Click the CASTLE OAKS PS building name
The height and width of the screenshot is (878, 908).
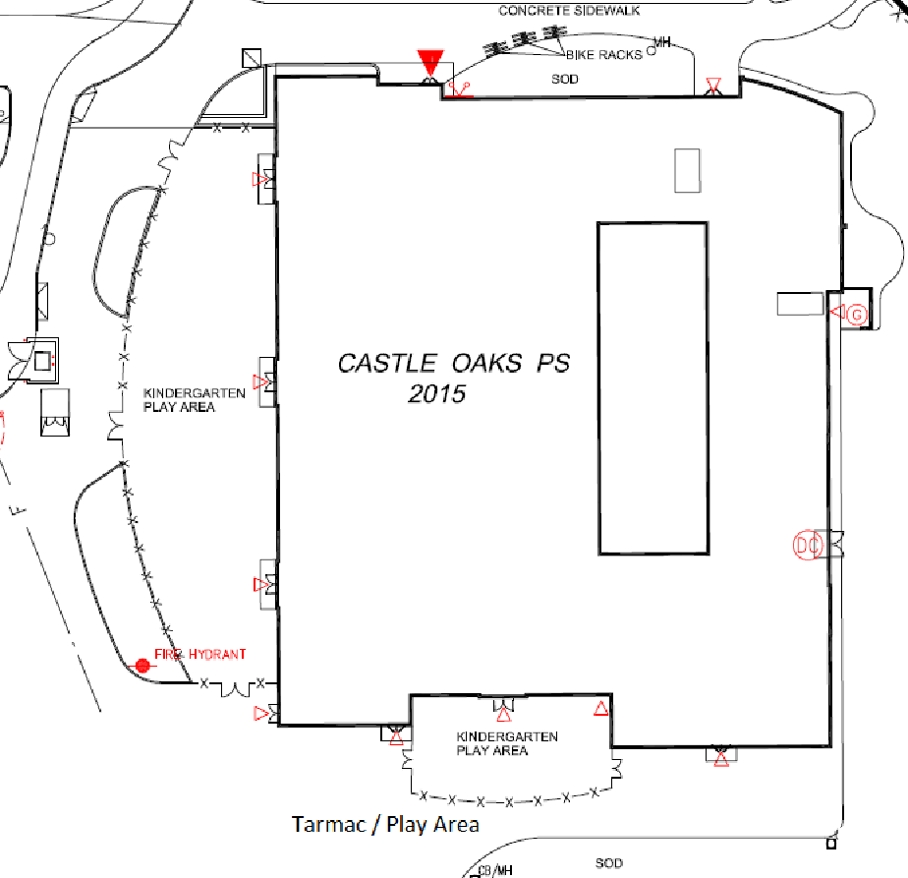(453, 364)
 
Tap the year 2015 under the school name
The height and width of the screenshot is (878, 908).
(437, 394)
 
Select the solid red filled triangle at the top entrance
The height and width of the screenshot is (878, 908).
(430, 61)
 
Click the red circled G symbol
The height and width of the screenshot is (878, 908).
(857, 315)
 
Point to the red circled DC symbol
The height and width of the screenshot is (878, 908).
(807, 545)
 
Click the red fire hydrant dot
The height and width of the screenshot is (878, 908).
(142, 666)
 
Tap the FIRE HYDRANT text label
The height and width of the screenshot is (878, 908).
(200, 654)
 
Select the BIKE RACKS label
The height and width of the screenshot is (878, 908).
(604, 55)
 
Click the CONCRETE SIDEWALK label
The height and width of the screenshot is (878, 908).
(569, 11)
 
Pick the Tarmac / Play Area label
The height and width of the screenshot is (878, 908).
(385, 824)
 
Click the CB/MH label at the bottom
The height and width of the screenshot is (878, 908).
(495, 870)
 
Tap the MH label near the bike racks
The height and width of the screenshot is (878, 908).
(662, 42)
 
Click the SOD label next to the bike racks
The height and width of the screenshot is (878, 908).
(565, 79)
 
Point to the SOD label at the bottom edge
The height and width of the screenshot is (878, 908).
(609, 863)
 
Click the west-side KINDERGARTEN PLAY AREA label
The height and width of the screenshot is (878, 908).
(195, 400)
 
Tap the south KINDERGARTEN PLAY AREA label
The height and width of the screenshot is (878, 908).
(507, 743)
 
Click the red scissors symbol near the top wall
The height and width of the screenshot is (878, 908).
(460, 90)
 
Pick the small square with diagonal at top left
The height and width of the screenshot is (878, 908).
(252, 58)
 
